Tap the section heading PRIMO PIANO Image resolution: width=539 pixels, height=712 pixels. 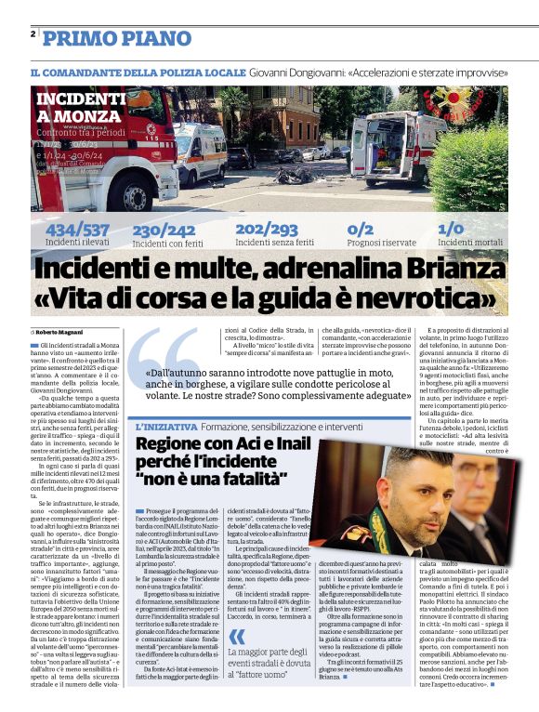click(x=117, y=37)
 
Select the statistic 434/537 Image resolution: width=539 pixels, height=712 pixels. click(x=77, y=229)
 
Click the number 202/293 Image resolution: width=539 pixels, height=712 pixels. click(x=267, y=229)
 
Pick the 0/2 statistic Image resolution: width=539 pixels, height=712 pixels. click(x=360, y=229)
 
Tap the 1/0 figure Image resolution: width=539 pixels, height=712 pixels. click(x=451, y=229)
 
